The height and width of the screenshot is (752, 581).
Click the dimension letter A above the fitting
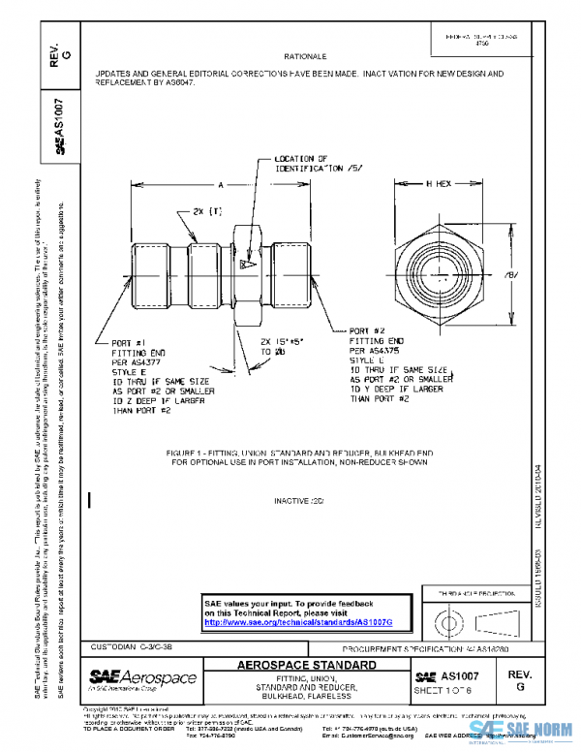(221, 182)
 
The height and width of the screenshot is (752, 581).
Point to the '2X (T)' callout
(207, 211)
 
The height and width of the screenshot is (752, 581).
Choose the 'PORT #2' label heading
(368, 329)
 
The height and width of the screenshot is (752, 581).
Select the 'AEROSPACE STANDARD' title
(308, 666)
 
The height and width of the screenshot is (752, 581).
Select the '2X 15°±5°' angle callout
(280, 342)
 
